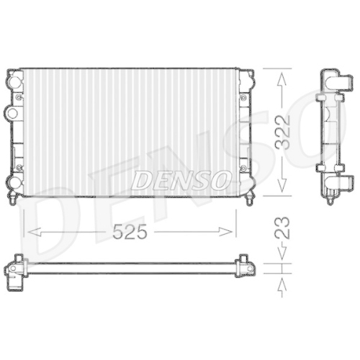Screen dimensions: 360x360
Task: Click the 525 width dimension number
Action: click(130, 232)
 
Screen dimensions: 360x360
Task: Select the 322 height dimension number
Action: click(286, 131)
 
